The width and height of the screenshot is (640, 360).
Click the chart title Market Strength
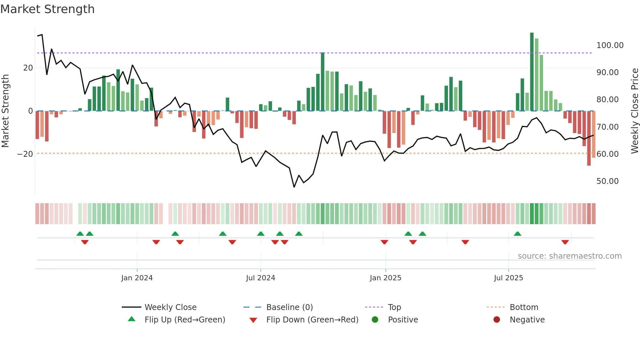tap(48, 9)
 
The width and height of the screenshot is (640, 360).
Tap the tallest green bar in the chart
tap(532, 72)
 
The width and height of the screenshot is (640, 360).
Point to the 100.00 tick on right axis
tap(610, 45)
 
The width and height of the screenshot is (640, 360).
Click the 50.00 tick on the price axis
tap(607, 181)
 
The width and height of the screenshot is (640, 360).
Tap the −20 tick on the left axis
tap(25, 154)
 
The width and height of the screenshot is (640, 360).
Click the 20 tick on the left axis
tap(28, 68)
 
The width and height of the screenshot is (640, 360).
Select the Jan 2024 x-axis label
tap(137, 278)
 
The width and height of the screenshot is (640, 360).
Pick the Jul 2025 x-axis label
tap(508, 278)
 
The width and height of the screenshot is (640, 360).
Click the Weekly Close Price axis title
tap(634, 111)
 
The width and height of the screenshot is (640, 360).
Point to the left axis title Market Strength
tap(5, 111)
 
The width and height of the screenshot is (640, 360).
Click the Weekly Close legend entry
tap(170, 307)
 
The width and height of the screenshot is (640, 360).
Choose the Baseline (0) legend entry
tap(289, 307)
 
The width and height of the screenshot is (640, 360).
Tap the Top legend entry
tap(394, 307)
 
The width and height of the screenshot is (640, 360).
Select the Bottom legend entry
tap(524, 307)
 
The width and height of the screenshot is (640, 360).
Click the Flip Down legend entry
tap(312, 320)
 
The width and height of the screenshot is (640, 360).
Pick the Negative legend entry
tap(527, 320)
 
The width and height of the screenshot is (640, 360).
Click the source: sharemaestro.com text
tap(569, 256)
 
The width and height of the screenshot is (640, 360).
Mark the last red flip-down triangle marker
tap(565, 242)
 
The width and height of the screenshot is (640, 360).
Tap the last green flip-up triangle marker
tap(518, 234)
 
